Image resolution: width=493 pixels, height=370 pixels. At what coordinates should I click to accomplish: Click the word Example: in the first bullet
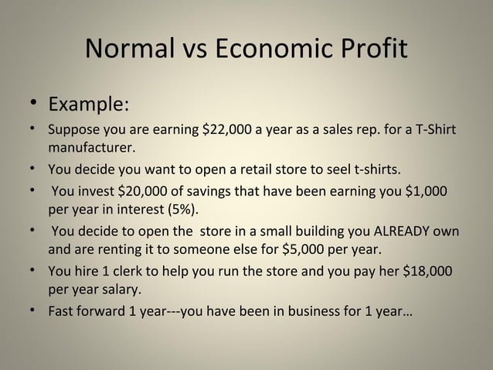click(x=89, y=103)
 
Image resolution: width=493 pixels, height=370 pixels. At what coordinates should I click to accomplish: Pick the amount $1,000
click(x=426, y=192)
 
